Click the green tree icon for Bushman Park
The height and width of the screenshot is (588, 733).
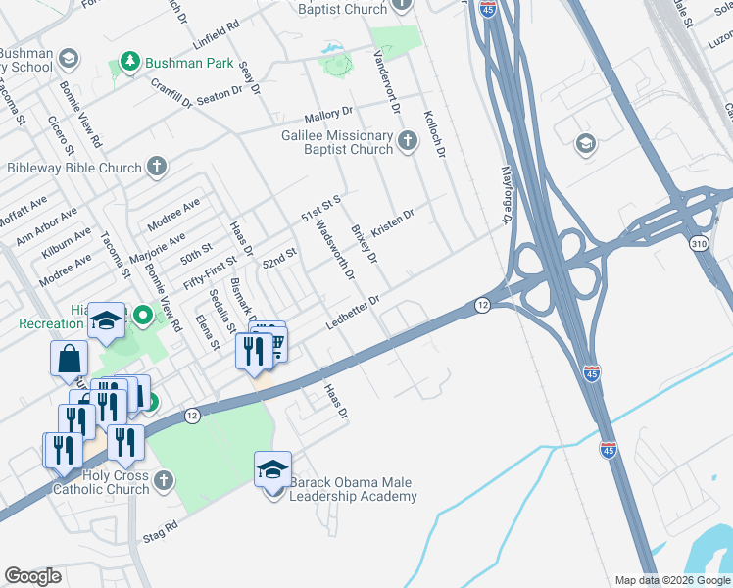[129, 63]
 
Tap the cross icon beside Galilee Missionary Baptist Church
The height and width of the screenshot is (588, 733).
[409, 143]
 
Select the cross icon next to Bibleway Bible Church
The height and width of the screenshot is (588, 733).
[157, 167]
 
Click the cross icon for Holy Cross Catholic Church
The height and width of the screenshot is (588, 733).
[164, 481]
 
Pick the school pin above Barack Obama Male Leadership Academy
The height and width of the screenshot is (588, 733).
[272, 468]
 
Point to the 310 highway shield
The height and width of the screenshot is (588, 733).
[698, 241]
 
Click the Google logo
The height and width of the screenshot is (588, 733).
[33, 576]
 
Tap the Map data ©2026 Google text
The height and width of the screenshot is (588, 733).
[671, 580]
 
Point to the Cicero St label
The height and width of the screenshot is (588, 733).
[61, 135]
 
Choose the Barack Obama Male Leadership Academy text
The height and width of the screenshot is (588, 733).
[348, 490]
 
